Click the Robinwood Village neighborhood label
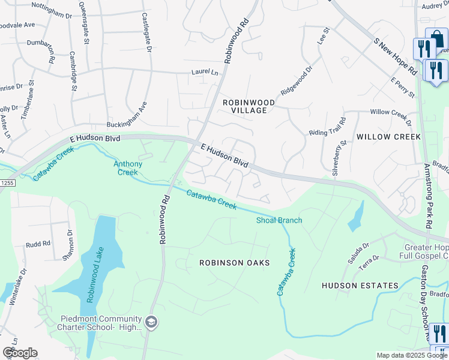249,106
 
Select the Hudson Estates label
360,286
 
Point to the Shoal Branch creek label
279,220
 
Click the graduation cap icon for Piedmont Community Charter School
151,322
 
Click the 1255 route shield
5,190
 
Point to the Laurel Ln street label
205,72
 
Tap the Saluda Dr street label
361,251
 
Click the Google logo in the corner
20,352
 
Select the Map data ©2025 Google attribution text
411,355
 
